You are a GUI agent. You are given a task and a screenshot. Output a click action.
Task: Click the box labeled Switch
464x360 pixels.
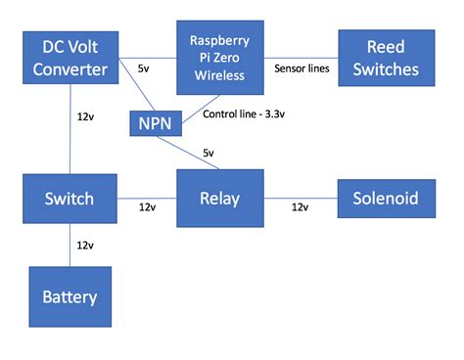point(69,199)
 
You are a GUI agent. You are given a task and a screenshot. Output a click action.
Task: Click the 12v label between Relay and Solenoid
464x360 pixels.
point(301,207)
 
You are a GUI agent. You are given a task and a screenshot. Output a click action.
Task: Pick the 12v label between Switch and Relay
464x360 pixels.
point(147,207)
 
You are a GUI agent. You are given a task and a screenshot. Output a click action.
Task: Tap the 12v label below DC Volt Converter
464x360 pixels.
point(86,116)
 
